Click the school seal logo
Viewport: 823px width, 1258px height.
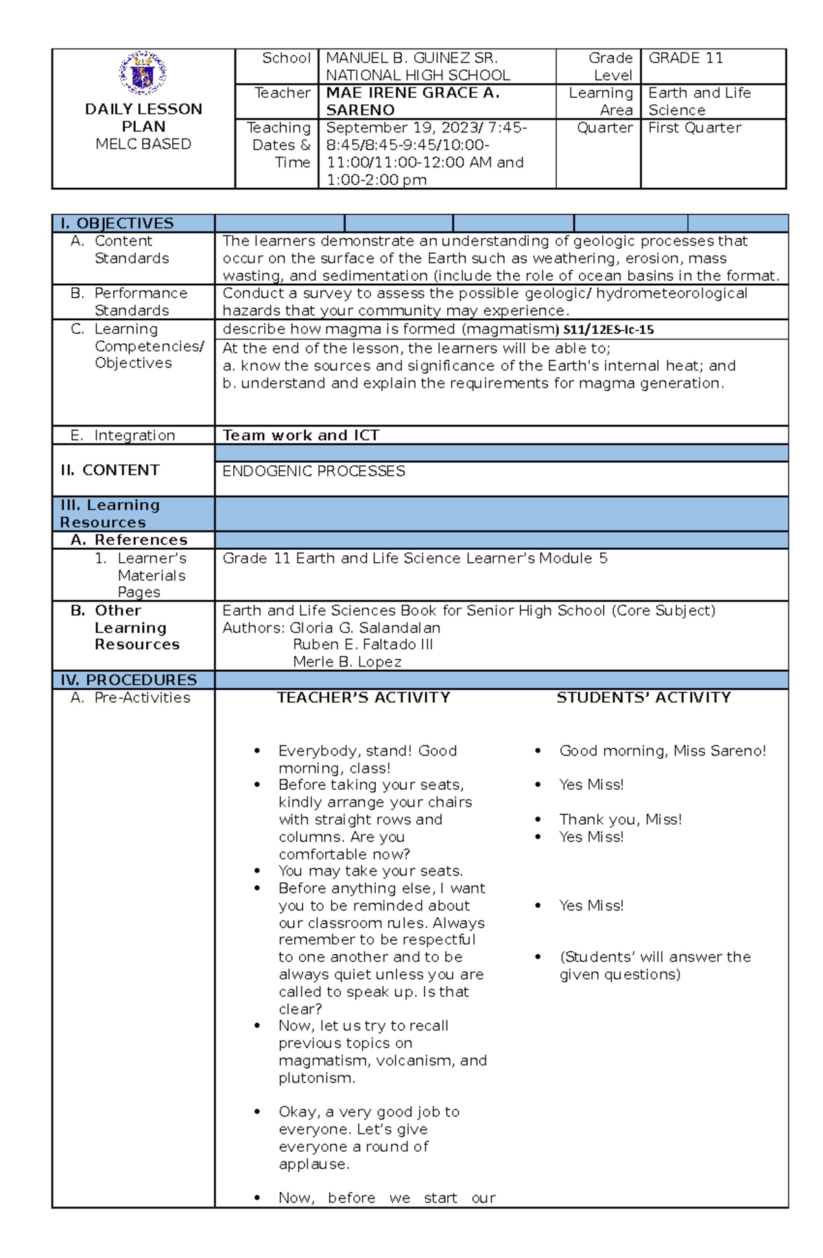pyautogui.click(x=143, y=73)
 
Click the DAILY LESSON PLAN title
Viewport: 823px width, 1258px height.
pyautogui.click(x=143, y=118)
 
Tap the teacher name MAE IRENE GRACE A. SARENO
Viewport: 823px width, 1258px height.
pyautogui.click(x=412, y=101)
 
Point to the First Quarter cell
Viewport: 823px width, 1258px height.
pyautogui.click(x=694, y=128)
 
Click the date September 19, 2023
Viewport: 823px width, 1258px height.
pyautogui.click(x=403, y=128)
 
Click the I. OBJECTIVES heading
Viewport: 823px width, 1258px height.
pyautogui.click(x=117, y=223)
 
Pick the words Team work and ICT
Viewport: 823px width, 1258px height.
pyautogui.click(x=300, y=435)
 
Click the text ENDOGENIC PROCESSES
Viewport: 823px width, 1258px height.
pyautogui.click(x=313, y=471)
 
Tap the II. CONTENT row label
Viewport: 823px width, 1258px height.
pyautogui.click(x=110, y=470)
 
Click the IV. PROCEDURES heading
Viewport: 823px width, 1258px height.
pyautogui.click(x=128, y=680)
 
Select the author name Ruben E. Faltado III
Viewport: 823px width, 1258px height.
pyautogui.click(x=362, y=644)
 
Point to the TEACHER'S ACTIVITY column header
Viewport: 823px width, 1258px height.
pyautogui.click(x=363, y=697)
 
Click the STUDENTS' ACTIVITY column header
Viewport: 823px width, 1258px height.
pyautogui.click(x=643, y=697)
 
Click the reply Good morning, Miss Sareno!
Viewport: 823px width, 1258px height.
pyautogui.click(x=663, y=751)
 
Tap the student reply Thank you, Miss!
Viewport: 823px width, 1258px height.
pyautogui.click(x=620, y=819)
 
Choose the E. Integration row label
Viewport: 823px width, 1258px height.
pyautogui.click(x=134, y=435)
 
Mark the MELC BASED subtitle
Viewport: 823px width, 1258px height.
pyautogui.click(x=143, y=144)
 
